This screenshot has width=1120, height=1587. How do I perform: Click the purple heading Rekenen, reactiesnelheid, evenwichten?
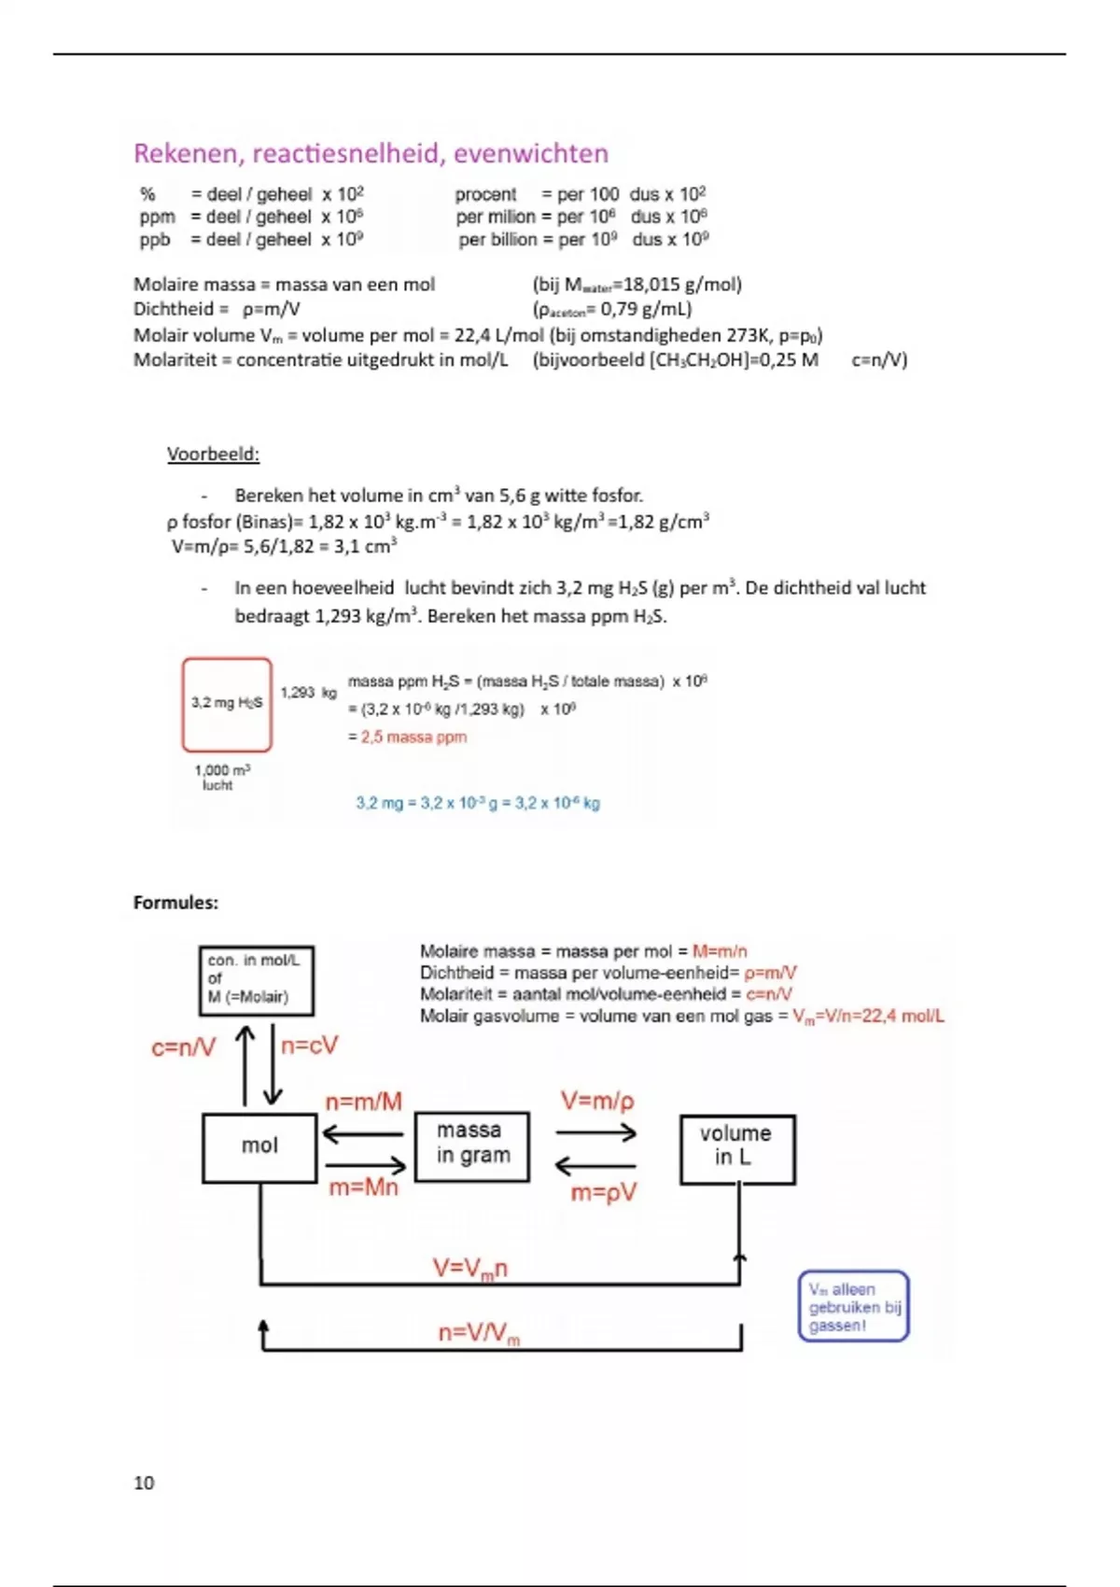[x=371, y=153]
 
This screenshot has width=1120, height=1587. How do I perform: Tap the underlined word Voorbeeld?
[x=213, y=455]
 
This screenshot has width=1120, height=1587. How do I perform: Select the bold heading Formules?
[x=175, y=903]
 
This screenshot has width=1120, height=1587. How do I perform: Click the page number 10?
[x=144, y=1482]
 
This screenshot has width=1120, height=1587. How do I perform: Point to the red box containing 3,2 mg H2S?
[x=227, y=705]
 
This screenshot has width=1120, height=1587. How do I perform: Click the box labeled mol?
[x=259, y=1147]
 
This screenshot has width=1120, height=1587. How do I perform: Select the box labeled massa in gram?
[x=472, y=1145]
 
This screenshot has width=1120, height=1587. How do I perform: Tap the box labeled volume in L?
[x=737, y=1148]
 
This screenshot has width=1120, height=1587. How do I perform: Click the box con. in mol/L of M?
[x=256, y=980]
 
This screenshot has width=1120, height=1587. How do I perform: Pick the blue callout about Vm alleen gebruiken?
[x=853, y=1306]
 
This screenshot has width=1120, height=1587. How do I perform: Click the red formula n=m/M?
[x=363, y=1102]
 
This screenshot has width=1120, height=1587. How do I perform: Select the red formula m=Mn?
[x=363, y=1187]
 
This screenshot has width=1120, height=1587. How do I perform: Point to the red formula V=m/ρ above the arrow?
[x=596, y=1102]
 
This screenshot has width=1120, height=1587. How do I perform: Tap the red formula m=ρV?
[x=603, y=1193]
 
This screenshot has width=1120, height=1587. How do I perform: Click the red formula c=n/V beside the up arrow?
[x=183, y=1047]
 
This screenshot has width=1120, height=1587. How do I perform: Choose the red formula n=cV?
[x=309, y=1046]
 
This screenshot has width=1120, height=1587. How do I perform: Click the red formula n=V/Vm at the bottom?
[x=478, y=1334]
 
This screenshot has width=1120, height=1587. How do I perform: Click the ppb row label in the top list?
[x=155, y=240]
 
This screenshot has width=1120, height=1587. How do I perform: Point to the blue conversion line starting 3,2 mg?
[x=477, y=803]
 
